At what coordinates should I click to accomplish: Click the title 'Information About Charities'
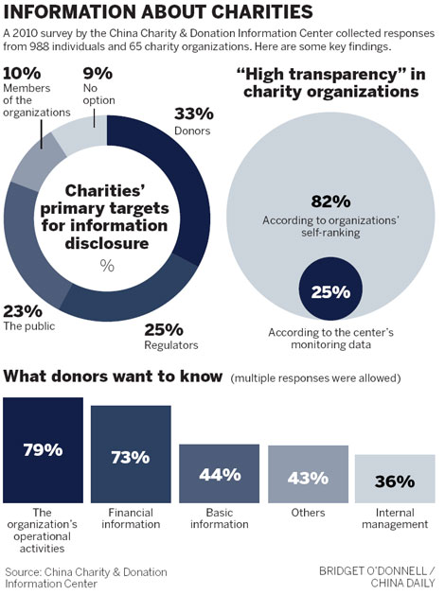click(158, 12)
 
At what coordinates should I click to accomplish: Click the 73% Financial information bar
click(131, 456)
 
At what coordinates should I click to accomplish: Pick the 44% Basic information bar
click(219, 473)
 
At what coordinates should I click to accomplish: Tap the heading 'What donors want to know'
click(114, 376)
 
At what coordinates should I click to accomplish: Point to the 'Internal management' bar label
click(395, 519)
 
